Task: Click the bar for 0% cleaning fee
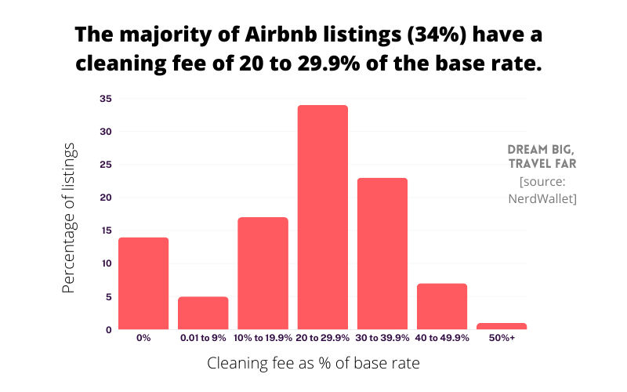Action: [143, 283]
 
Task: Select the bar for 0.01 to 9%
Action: [203, 313]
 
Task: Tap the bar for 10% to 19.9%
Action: [263, 273]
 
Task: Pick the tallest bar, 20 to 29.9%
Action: [322, 217]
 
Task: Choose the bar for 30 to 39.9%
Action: [382, 253]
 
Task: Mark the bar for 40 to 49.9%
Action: [442, 306]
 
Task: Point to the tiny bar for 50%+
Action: [502, 326]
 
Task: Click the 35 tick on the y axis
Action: [106, 99]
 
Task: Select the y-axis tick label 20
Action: [106, 198]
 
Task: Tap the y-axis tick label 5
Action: [108, 296]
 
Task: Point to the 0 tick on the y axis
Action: [108, 329]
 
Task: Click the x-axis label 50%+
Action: [502, 338]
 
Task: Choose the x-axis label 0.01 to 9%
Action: [203, 338]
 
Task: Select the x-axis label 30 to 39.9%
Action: [382, 338]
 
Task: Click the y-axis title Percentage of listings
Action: [70, 217]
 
